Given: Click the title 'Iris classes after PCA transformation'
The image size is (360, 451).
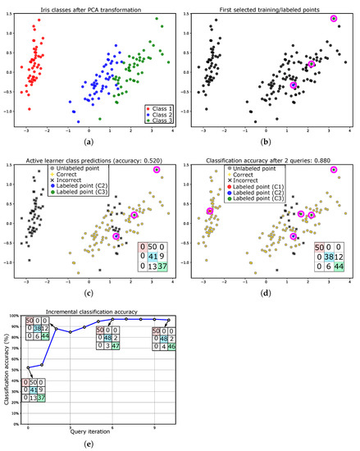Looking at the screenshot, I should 95,7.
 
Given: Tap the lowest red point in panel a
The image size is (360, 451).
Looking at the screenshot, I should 30,108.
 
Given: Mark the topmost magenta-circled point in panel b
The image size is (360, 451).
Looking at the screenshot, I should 334,18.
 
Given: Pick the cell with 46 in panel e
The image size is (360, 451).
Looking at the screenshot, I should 175,347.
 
